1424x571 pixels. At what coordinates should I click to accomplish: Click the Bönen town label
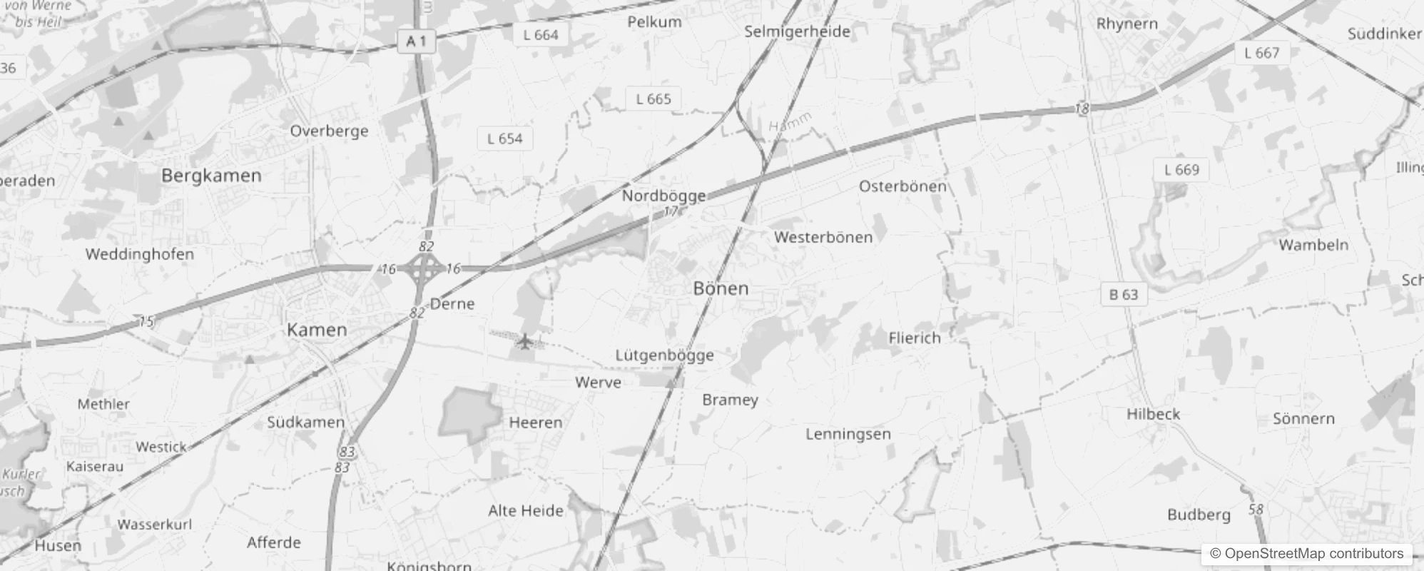(x=721, y=288)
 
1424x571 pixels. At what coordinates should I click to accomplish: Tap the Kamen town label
(x=317, y=330)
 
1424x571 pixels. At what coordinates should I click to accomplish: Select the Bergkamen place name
(x=211, y=176)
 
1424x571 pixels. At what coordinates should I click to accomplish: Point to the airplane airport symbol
(x=525, y=342)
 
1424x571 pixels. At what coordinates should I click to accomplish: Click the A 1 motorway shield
(x=416, y=41)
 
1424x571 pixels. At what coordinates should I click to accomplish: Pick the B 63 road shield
(x=1124, y=294)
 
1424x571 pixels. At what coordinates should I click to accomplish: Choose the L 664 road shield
(x=541, y=35)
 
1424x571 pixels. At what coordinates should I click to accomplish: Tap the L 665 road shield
(x=653, y=99)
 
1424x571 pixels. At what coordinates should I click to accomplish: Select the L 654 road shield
(x=504, y=138)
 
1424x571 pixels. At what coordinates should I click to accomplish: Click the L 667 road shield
(x=1261, y=53)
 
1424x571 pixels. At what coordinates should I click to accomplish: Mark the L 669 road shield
(x=1181, y=170)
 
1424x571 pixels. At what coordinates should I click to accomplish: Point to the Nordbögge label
(x=663, y=196)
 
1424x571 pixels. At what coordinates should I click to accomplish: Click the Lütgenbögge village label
(x=664, y=355)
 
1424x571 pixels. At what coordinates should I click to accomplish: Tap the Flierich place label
(x=915, y=338)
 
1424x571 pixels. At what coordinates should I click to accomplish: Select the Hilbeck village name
(x=1153, y=414)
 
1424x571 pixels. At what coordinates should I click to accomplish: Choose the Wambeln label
(x=1313, y=245)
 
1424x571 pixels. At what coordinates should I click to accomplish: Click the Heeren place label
(x=535, y=423)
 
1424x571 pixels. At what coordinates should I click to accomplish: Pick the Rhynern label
(x=1127, y=24)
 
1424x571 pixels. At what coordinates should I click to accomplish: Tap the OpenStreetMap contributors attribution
(x=1306, y=553)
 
